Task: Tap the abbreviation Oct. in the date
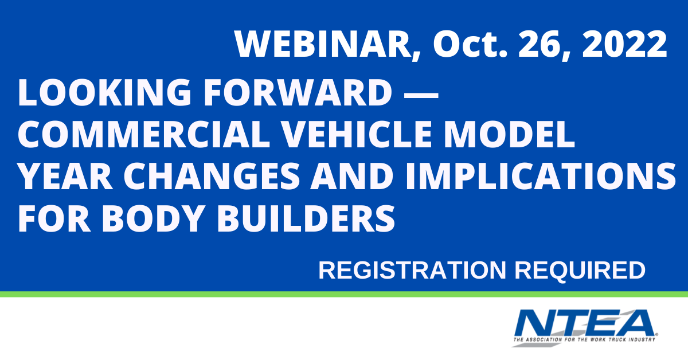pos(470,44)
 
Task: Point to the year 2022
pos(625,44)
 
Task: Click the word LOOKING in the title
pos(105,92)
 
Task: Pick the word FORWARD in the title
pos(298,92)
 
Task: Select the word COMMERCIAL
pos(143,134)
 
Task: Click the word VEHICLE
pos(357,134)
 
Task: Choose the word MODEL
pos(510,134)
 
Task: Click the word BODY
pos(154,218)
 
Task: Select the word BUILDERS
pos(306,218)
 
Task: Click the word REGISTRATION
pos(412,271)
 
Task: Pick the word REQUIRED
pos(580,271)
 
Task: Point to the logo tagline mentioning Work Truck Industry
pos(584,340)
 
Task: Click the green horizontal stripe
pos(344,294)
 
